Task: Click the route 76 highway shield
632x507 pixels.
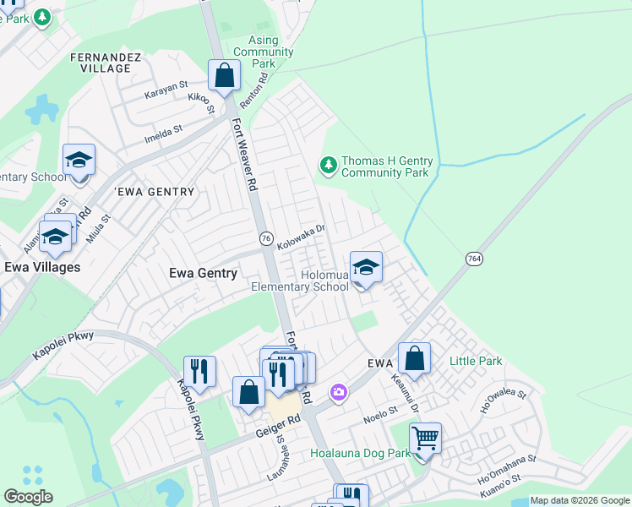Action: [x=265, y=238]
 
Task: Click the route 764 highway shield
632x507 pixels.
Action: [x=473, y=259]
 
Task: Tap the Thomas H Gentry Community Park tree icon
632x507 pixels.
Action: [x=328, y=166]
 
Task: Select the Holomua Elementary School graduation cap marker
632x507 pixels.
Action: [x=366, y=269]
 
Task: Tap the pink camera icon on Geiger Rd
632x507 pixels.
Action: [x=339, y=391]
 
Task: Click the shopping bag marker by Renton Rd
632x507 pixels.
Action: [x=225, y=76]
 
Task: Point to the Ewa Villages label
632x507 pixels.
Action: [x=42, y=267]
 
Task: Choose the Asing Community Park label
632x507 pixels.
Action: [x=264, y=52]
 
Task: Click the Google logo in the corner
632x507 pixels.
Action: [x=28, y=496]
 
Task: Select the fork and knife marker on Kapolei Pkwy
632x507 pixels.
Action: [x=199, y=372]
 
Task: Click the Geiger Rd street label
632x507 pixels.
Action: [x=279, y=427]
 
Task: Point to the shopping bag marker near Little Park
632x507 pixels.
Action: [x=415, y=358]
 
